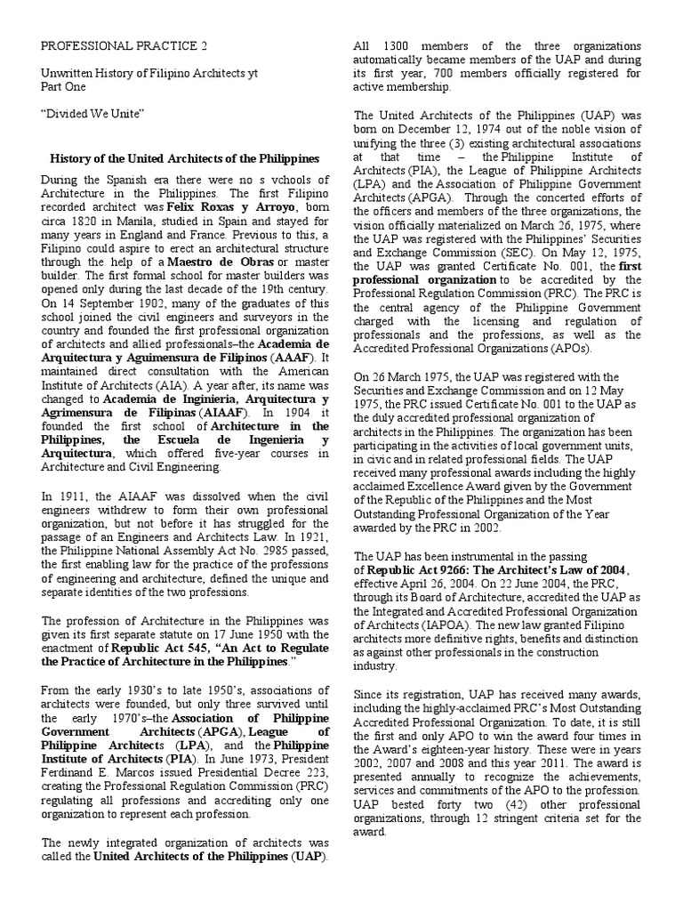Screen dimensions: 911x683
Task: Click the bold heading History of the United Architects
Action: pyautogui.click(x=184, y=158)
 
